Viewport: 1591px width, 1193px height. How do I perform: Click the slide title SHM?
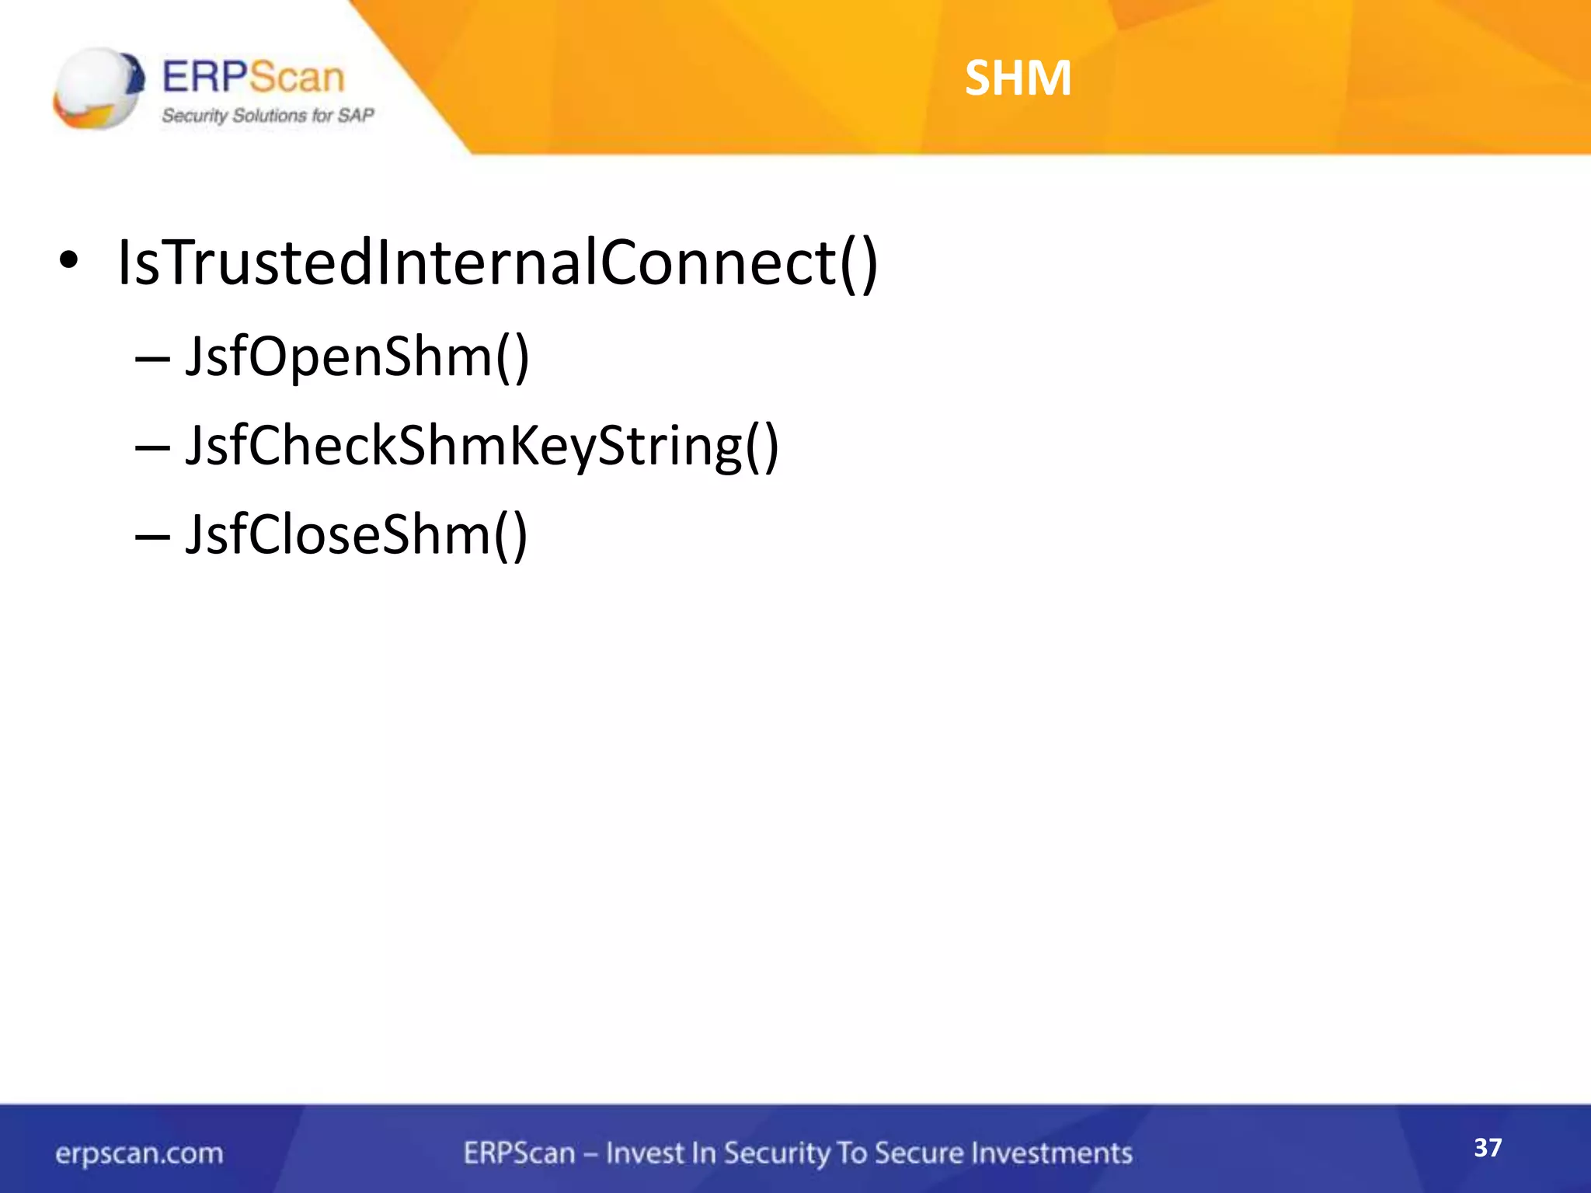coord(1018,78)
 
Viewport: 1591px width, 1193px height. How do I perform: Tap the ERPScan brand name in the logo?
coord(252,78)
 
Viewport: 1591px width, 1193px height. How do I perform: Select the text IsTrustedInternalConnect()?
coord(497,263)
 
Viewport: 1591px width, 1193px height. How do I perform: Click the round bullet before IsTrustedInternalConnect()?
coord(68,262)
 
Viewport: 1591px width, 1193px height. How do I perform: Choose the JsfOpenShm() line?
coord(357,357)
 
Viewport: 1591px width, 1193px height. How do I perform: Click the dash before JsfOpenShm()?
coord(152,359)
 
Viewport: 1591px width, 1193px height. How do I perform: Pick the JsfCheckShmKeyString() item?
coord(482,447)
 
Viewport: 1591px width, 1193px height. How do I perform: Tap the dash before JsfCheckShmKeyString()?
coord(152,448)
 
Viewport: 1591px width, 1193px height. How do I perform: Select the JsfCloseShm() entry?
coord(356,535)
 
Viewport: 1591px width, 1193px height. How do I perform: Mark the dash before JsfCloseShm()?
coord(152,537)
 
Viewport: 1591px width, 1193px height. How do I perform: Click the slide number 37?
coord(1488,1147)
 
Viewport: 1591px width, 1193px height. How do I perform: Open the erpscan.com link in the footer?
coord(139,1153)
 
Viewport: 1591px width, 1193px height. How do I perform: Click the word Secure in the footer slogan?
coord(917,1153)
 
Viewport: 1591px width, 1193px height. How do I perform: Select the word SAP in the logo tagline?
coord(356,116)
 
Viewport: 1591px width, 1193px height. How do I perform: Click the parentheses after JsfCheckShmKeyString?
coord(762,447)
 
